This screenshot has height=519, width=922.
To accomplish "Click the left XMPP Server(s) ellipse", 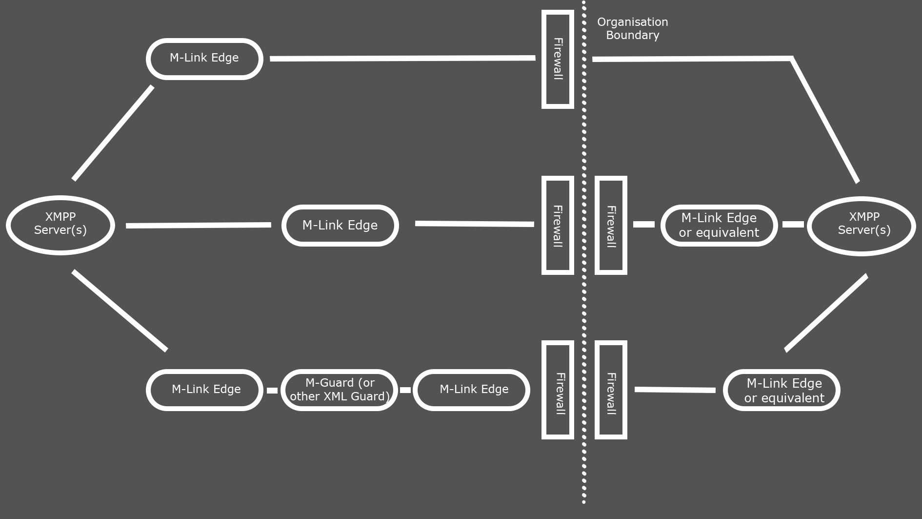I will (60, 225).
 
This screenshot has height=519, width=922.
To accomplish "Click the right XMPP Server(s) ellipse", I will (862, 226).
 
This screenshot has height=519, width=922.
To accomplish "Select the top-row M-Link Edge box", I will (204, 59).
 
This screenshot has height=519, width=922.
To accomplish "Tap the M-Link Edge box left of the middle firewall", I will (340, 226).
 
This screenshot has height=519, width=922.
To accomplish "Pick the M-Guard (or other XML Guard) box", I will (340, 390).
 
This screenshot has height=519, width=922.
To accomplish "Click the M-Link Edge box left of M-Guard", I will (204, 390).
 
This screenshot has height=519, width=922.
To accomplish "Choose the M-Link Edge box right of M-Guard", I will (471, 390).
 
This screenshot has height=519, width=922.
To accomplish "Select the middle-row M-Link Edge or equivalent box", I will (719, 226).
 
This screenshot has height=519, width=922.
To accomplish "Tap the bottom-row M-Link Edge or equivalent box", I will (782, 390).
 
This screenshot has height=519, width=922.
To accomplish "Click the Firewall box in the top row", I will (558, 59).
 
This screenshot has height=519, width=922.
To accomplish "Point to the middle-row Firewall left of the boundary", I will (558, 226).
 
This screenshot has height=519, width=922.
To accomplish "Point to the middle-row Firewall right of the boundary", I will (611, 226).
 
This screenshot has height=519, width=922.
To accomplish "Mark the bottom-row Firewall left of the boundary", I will (558, 390).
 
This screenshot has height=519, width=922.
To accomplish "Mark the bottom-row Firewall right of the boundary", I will (611, 390).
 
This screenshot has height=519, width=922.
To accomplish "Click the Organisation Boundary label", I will (632, 28).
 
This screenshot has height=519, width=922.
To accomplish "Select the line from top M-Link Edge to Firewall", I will (402, 58).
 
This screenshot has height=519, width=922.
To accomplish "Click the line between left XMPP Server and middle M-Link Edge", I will (198, 225).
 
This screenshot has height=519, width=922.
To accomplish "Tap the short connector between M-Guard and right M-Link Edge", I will (405, 390).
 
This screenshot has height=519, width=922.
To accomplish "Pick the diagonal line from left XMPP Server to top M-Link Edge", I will (113, 133).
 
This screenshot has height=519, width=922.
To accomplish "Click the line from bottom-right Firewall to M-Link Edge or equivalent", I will (675, 390).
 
